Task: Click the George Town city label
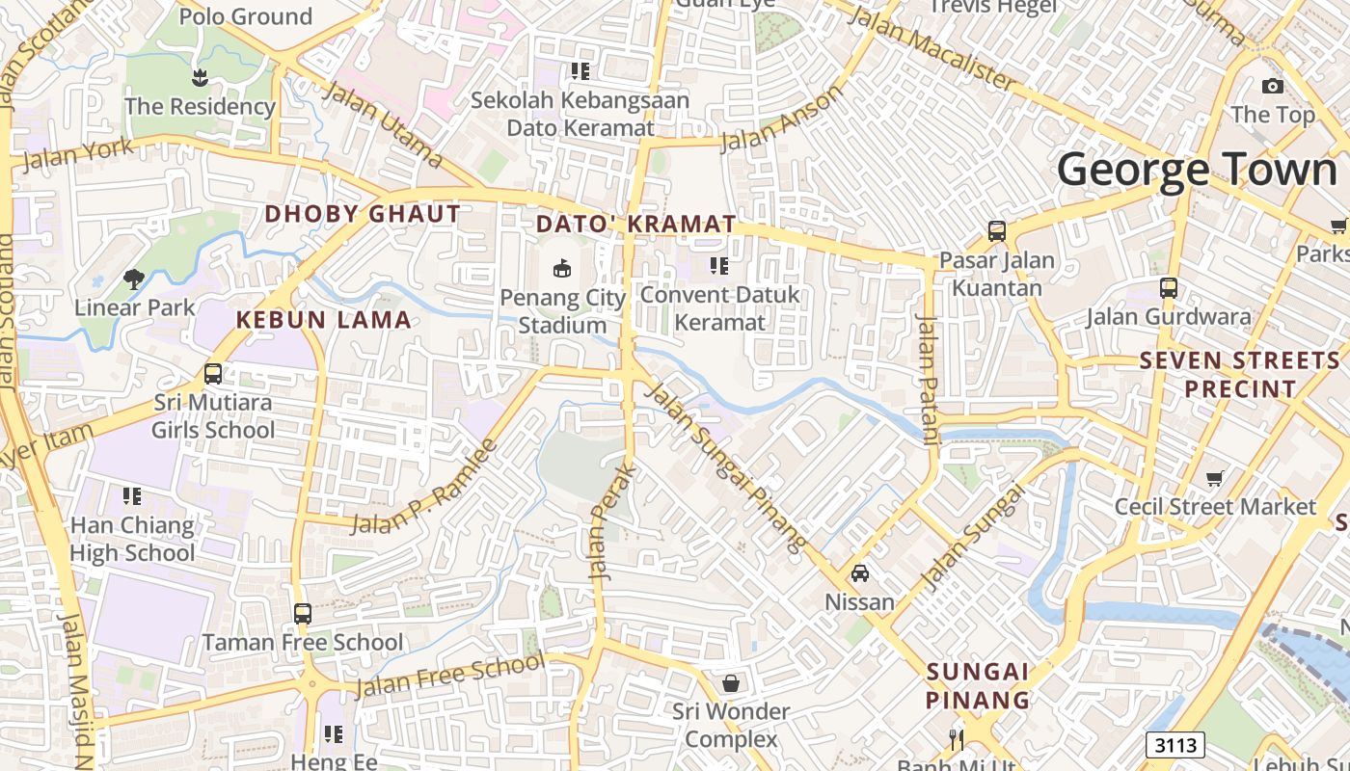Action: (1197, 171)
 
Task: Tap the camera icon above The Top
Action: (1273, 86)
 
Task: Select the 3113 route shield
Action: (1175, 745)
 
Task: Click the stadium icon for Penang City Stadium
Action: (562, 268)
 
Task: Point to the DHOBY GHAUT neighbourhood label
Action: (363, 214)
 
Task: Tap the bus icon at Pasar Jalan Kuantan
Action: (997, 231)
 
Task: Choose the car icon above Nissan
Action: (860, 573)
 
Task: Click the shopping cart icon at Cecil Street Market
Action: (1215, 478)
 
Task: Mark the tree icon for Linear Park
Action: (134, 279)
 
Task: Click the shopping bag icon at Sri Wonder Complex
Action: (732, 683)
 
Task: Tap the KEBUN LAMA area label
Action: (324, 320)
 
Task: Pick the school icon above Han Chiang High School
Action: (132, 496)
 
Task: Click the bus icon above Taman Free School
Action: (303, 613)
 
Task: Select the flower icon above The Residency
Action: (200, 77)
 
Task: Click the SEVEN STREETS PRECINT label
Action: (1240, 375)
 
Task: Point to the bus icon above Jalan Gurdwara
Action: (1169, 287)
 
